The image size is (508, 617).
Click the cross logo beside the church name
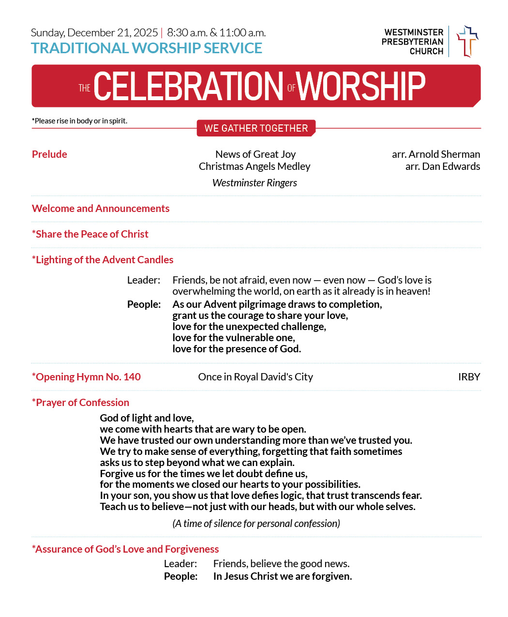point(467,41)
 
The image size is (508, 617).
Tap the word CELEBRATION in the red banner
point(188,87)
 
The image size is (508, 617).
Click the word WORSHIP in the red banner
point(361,87)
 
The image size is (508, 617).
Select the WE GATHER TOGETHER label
point(256,128)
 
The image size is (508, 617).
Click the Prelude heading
point(49,154)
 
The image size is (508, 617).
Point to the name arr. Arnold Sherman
point(436,154)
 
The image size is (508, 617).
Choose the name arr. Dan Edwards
point(443,166)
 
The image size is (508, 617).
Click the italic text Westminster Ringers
point(254,183)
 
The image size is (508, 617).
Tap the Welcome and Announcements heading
point(101,209)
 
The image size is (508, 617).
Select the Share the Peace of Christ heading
point(90,234)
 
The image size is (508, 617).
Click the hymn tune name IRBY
point(469,377)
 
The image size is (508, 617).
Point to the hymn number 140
point(132,377)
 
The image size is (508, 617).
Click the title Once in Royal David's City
point(255,377)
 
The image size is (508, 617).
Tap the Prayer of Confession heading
point(81,403)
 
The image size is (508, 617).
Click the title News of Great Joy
point(255,154)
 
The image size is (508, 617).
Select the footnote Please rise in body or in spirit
point(80,121)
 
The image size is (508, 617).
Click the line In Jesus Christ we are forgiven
point(283,576)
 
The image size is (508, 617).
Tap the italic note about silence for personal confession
point(256,524)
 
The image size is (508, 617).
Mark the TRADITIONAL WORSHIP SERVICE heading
point(147,48)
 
